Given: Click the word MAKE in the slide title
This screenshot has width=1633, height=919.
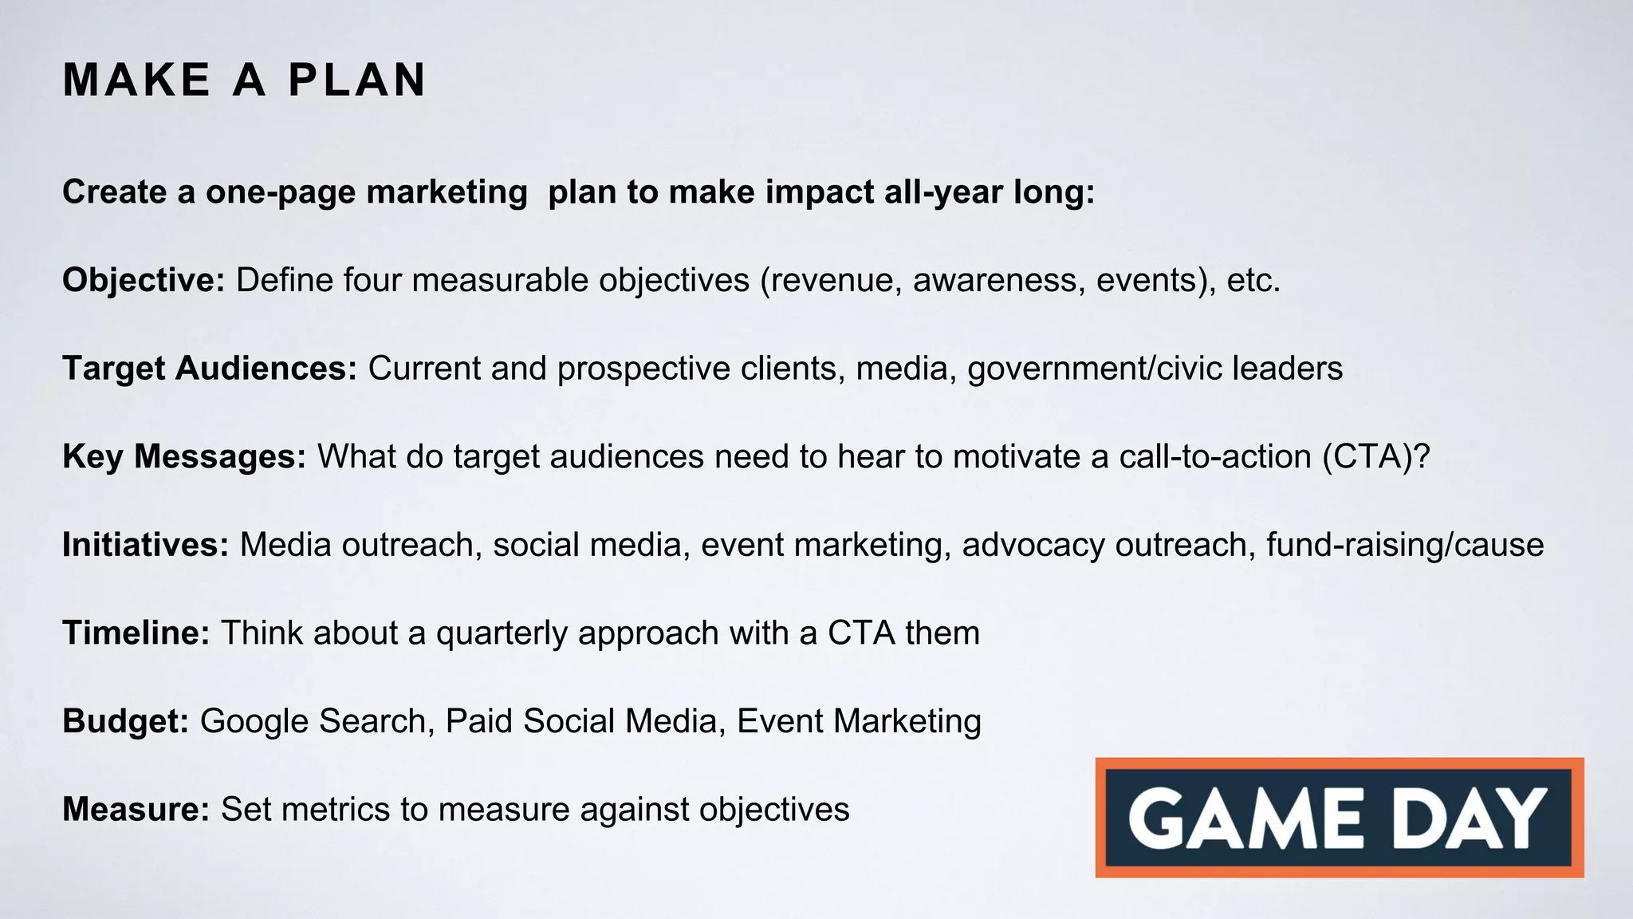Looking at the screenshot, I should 136,81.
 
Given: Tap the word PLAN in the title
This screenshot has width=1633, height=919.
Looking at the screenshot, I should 357,81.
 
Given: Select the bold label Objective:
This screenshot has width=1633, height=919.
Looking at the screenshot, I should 144,281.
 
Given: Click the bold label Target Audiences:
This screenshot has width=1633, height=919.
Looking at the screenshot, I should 210,369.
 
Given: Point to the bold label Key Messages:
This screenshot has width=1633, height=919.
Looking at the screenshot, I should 184,457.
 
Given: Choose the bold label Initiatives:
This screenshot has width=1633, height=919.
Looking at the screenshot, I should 146,545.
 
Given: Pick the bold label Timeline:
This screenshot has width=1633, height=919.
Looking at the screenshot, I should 136,633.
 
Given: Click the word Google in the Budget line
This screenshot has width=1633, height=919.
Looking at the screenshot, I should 254,721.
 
